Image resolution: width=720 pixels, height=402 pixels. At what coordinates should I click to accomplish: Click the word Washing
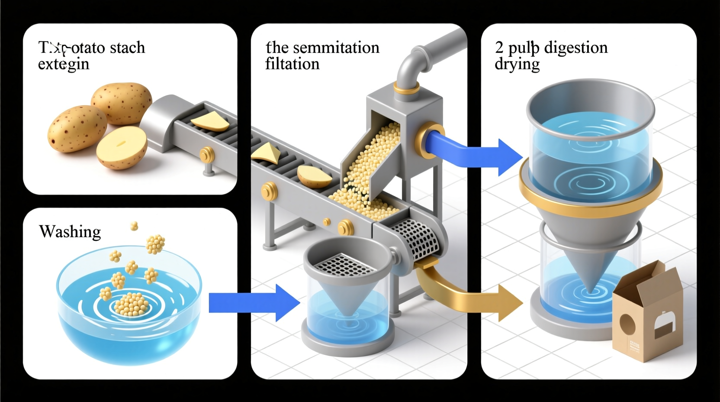point(70,232)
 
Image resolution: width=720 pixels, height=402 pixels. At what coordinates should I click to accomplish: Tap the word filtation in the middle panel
point(292,64)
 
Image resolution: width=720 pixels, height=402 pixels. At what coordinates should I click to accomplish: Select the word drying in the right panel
point(517,65)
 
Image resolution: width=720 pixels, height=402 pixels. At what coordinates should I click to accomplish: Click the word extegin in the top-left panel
point(64,64)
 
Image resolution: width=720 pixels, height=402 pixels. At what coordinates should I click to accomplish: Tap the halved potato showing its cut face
point(121,147)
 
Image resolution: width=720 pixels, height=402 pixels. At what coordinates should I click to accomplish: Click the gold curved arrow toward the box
point(472,295)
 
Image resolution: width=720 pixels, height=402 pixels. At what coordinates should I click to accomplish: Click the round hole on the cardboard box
point(627,324)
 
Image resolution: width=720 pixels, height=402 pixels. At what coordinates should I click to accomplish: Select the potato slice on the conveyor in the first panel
point(210,122)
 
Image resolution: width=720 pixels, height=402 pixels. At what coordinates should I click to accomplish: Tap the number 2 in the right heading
point(499,47)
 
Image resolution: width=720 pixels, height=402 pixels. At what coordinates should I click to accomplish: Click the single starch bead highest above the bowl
point(134,226)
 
